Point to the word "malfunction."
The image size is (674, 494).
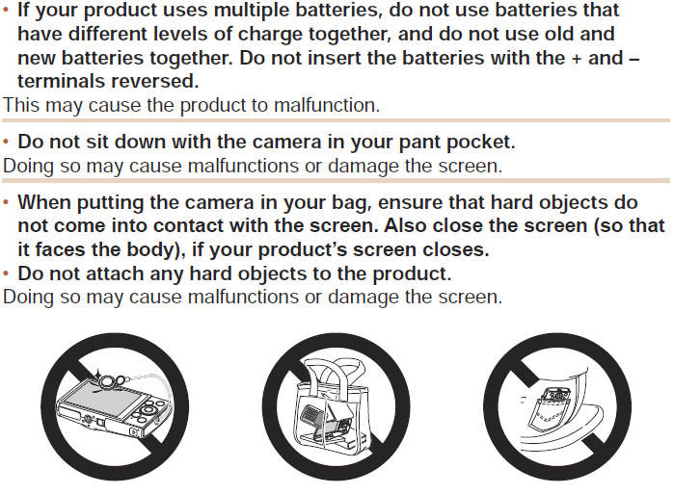(x=327, y=105)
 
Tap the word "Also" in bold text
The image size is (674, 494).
(x=406, y=225)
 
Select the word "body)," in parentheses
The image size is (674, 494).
(x=157, y=249)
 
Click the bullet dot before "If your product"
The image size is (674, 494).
(x=6, y=10)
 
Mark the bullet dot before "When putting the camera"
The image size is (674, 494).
(x=6, y=201)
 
